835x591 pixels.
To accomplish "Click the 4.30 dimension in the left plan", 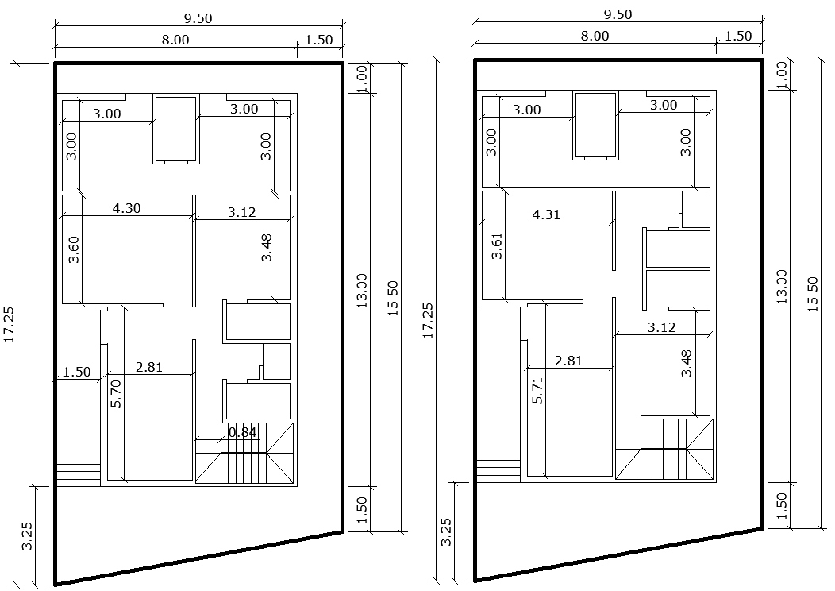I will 128,209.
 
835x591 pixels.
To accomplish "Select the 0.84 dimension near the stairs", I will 242,432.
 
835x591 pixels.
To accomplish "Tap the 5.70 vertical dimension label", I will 116,393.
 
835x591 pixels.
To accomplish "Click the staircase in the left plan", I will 244,454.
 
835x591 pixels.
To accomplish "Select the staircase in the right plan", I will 664,449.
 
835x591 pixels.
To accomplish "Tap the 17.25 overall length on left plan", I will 10,325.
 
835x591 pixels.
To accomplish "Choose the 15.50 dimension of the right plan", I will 812,295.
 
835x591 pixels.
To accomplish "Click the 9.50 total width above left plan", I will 198,17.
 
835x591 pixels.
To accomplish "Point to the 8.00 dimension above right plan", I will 595,36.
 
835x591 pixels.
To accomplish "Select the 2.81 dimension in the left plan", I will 148,366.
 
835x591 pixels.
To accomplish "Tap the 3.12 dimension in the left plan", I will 241,211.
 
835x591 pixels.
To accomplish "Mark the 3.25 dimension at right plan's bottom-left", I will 446,531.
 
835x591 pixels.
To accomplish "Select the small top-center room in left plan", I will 175,129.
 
